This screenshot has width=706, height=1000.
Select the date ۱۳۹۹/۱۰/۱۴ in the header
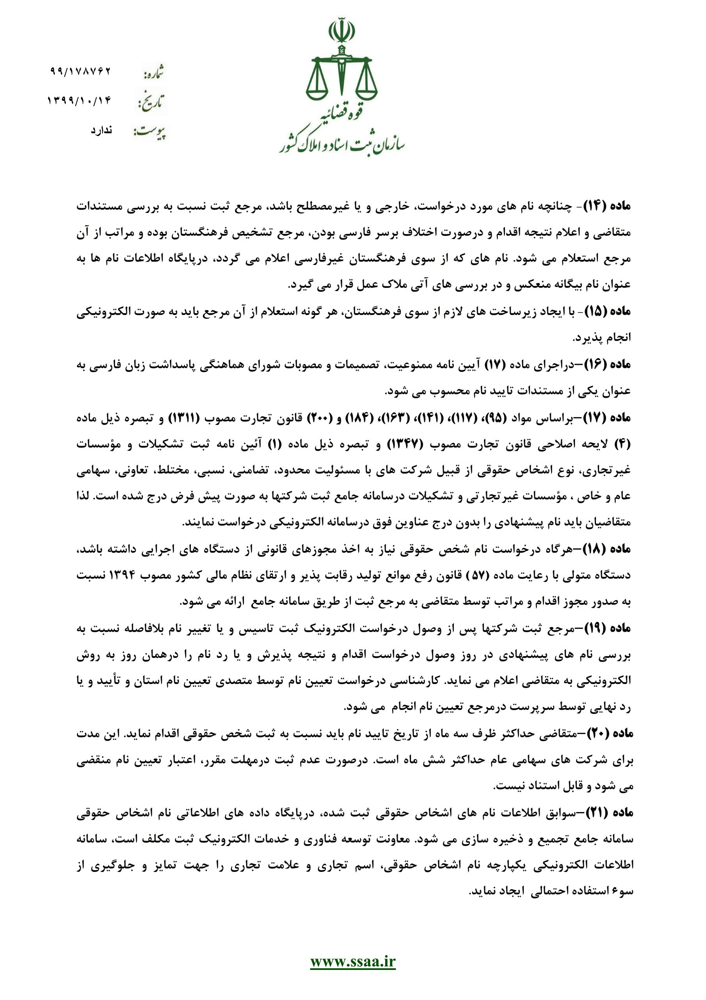[79, 102]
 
